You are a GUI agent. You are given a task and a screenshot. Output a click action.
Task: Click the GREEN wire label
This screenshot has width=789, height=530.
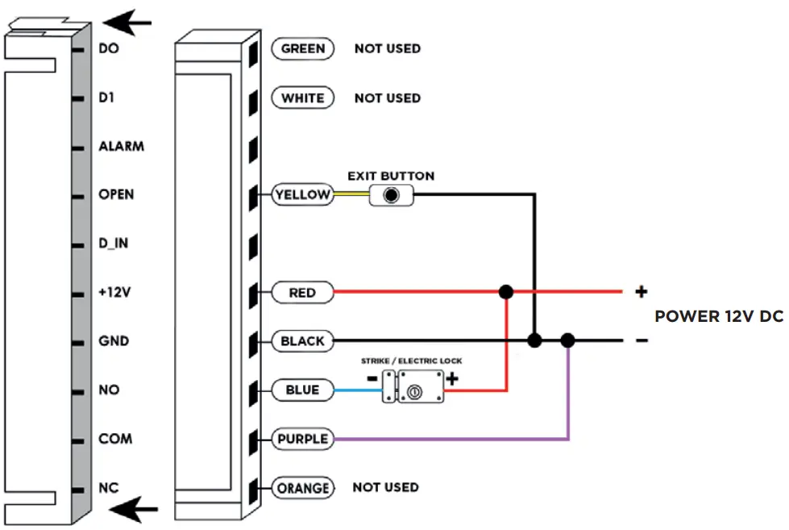[303, 48]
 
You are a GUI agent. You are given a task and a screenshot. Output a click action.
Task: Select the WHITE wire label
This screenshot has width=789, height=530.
[303, 98]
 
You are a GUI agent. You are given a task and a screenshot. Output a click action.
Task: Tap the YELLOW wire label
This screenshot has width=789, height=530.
[302, 194]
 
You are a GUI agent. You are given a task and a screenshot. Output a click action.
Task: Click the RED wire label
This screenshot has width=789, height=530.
[302, 293]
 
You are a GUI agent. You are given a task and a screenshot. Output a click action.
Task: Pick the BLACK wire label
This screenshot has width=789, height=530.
[302, 341]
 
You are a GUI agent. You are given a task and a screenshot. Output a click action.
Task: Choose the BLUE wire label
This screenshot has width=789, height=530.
[302, 390]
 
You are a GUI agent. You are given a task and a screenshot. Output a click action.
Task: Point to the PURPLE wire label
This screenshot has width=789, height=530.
[302, 439]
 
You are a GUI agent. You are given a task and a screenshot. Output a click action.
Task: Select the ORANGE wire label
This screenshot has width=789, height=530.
[302, 488]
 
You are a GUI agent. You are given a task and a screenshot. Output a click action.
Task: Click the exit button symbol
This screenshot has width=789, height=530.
[392, 194]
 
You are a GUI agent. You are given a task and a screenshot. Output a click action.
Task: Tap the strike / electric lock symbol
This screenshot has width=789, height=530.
[413, 389]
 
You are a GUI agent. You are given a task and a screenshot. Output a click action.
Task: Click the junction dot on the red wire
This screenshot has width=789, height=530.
[506, 291]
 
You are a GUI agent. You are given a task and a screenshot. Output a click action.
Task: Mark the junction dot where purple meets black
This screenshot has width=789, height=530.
[568, 341]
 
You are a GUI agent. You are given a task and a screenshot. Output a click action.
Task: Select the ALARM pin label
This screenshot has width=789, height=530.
[121, 147]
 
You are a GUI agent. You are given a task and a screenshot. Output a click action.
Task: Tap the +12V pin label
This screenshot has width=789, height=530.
[115, 293]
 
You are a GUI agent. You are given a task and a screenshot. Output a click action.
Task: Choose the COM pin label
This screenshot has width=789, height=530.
[115, 439]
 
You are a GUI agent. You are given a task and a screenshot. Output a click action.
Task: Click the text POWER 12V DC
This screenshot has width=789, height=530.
[718, 316]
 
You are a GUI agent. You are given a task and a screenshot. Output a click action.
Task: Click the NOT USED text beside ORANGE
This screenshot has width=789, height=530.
[385, 487]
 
